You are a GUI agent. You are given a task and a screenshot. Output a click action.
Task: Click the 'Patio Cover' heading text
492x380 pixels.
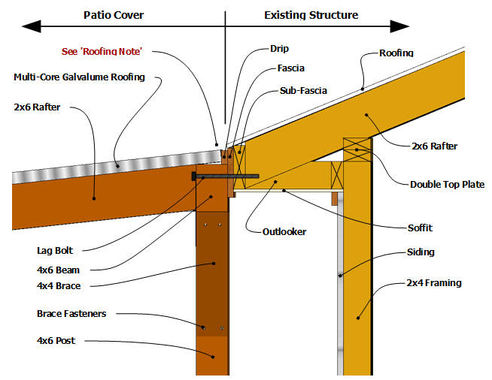pos(114,15)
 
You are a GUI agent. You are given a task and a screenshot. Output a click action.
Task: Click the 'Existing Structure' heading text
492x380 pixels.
pos(311,15)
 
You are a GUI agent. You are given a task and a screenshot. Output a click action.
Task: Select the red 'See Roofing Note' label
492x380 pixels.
pos(99,52)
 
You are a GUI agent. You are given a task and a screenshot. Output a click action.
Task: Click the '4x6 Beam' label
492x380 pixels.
pos(57,270)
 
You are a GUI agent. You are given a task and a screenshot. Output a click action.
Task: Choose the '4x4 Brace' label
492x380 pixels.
pos(58,285)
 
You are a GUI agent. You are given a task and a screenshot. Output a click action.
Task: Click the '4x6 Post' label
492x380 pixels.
pos(56,341)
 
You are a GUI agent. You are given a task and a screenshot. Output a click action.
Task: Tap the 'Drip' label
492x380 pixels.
pos(279,49)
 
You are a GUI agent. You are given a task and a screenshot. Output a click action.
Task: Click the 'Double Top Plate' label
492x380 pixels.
pos(447,184)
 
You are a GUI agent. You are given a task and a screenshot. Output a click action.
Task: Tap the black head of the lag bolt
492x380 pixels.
pos(196,176)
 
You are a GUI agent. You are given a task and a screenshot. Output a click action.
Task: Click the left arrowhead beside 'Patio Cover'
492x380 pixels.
pos(27,26)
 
